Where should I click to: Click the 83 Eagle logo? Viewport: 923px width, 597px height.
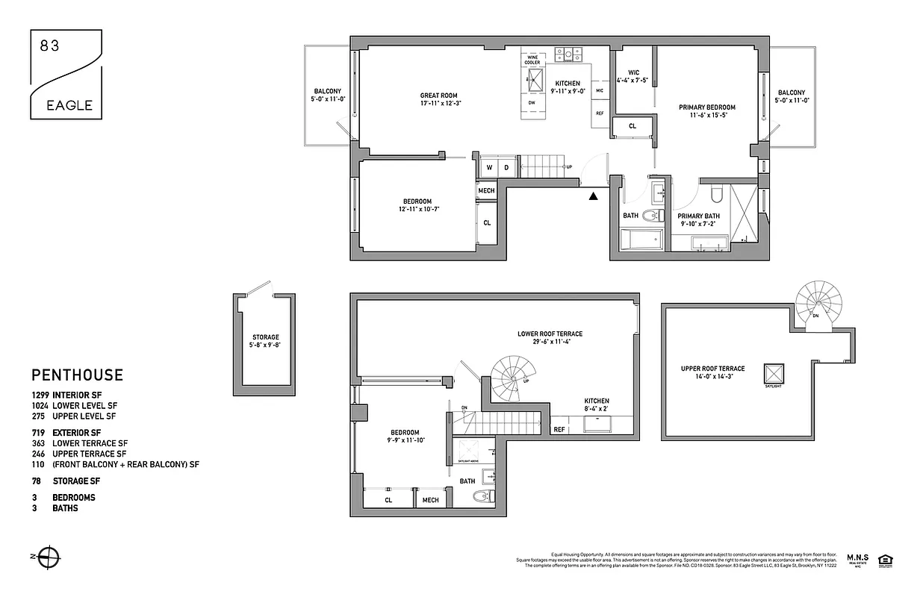66,74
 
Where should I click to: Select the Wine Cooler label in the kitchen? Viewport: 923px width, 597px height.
532,60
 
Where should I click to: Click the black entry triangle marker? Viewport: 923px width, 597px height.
593,196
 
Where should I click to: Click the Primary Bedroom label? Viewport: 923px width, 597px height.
706,111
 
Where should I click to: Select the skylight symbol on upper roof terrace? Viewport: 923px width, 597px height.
773,372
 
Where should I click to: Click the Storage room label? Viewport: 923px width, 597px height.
265,341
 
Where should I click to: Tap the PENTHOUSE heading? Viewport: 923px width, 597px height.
77,375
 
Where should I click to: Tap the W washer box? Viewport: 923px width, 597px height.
489,168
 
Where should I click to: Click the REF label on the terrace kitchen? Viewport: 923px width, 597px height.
559,430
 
